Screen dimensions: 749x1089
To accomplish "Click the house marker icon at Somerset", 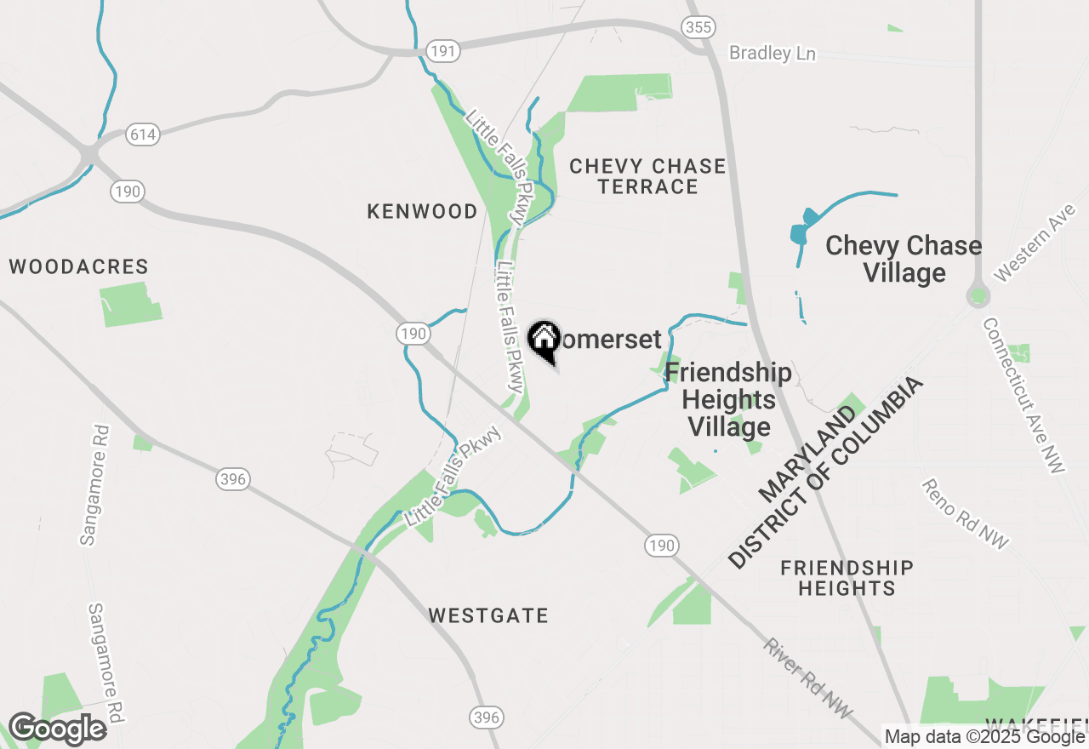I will click(x=544, y=340).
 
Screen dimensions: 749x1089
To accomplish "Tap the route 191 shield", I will click(x=442, y=51).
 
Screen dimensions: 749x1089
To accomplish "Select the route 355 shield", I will click(x=697, y=28).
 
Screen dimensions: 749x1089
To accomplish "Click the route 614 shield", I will click(x=142, y=134).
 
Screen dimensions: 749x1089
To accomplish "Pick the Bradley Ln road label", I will click(x=773, y=54).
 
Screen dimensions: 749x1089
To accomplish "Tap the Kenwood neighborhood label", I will click(x=422, y=211).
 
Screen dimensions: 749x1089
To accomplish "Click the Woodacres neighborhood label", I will click(x=78, y=267).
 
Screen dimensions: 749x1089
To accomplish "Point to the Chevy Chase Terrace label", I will click(x=647, y=176).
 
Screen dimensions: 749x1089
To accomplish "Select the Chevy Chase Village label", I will click(x=904, y=259).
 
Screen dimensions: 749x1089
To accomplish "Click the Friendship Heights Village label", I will click(x=728, y=399).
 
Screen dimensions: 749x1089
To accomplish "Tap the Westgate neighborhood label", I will click(x=488, y=615).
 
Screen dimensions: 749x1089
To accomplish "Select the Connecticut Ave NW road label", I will click(x=1023, y=394).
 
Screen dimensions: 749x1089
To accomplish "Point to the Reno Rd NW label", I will click(x=965, y=513).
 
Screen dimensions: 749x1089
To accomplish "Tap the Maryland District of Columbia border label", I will click(x=825, y=475).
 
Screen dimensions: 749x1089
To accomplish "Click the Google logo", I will click(x=57, y=729).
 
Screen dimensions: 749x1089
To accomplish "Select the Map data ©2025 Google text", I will click(x=984, y=737).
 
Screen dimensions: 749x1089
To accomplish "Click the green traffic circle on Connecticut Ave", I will click(x=978, y=296).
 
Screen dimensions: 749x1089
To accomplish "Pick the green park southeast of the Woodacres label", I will click(x=130, y=305).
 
